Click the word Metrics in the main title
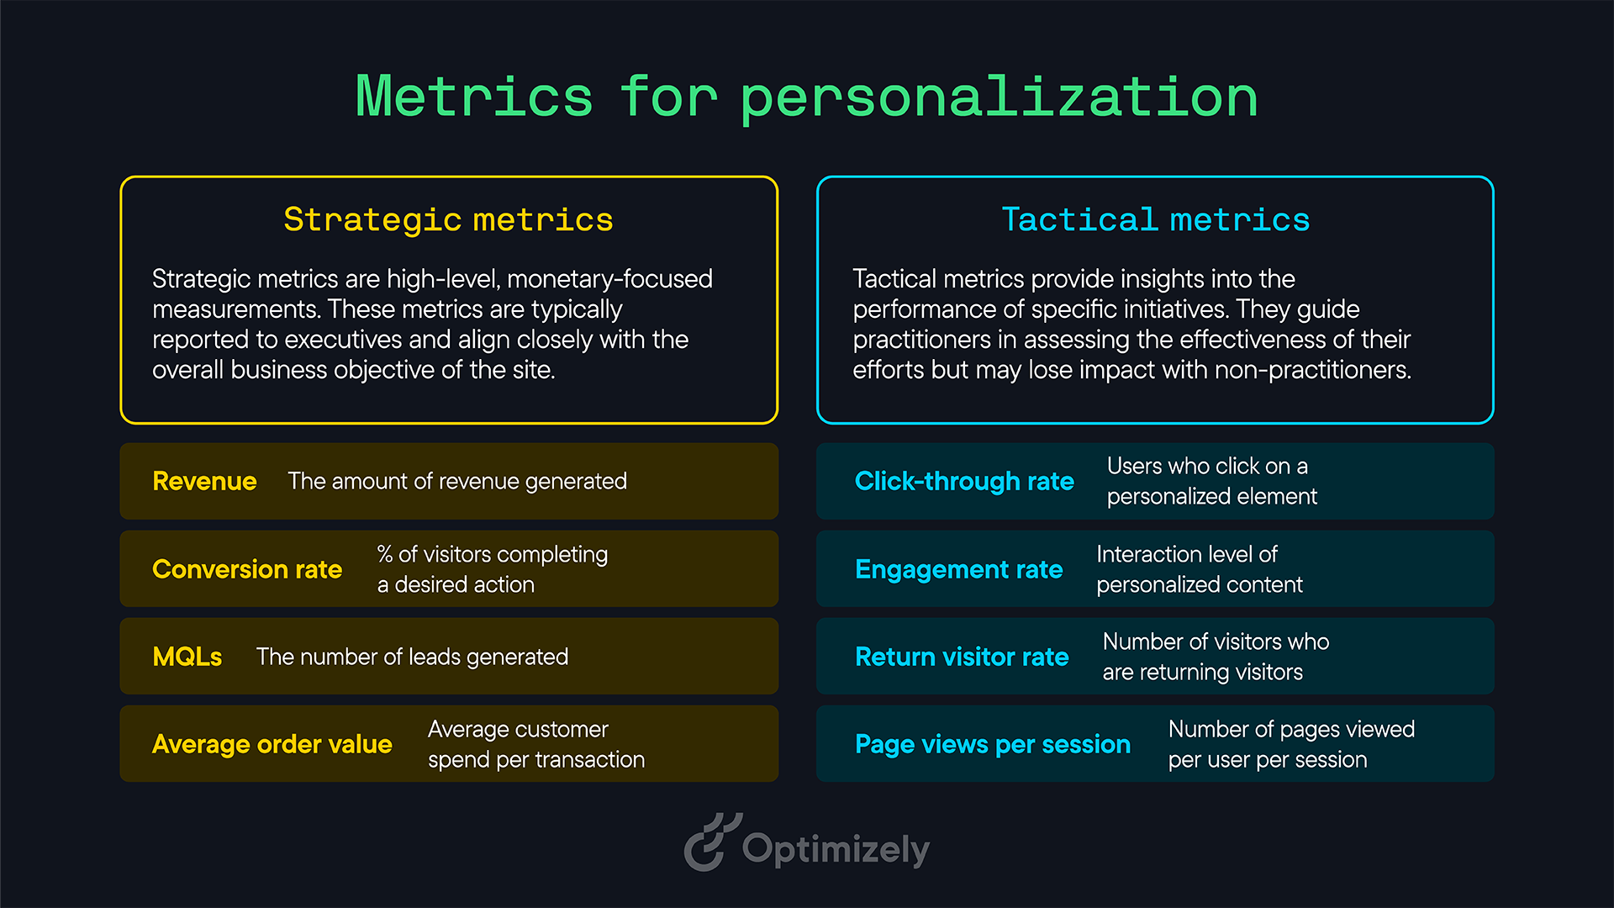[474, 97]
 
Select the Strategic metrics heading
[448, 219]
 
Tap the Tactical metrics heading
[1155, 219]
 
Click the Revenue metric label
[204, 481]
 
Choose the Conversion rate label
[247, 569]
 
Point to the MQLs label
[187, 657]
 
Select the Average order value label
[272, 744]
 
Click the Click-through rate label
[964, 481]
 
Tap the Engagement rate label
[958, 569]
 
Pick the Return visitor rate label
[962, 657]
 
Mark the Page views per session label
[992, 744]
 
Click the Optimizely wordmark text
[836, 849]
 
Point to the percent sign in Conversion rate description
[385, 554]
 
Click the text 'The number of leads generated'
[412, 657]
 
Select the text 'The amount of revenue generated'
[457, 481]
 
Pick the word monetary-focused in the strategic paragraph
[609, 279]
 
